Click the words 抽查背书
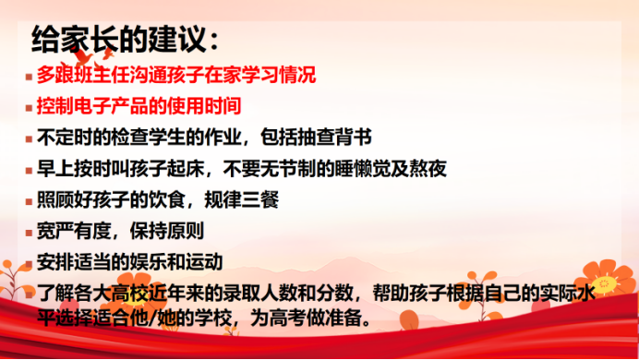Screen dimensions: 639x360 (316, 138)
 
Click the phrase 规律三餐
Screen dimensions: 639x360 (242, 200)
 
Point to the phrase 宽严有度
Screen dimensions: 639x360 (74, 231)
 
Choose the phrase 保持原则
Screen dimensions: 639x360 (167, 231)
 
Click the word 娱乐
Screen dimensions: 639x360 (149, 262)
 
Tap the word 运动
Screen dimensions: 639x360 (204, 262)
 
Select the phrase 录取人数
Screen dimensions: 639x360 (260, 294)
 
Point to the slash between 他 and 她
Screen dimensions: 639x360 (153, 318)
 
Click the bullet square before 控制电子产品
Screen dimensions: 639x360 (29, 108)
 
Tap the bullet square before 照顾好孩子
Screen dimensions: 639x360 (29, 201)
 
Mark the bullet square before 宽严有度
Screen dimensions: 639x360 (29, 233)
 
